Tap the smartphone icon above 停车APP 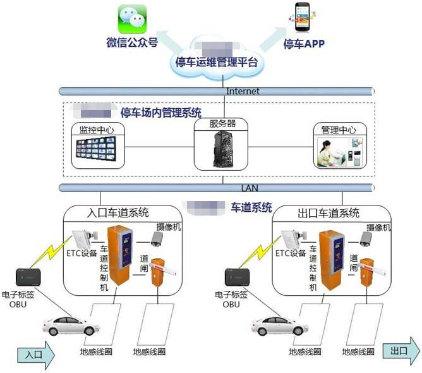coord(303,18)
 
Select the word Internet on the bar coord(243,91)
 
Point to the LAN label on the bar coord(250,188)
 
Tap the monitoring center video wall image coord(98,151)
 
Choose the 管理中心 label coord(339,130)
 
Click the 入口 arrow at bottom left coord(36,354)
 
